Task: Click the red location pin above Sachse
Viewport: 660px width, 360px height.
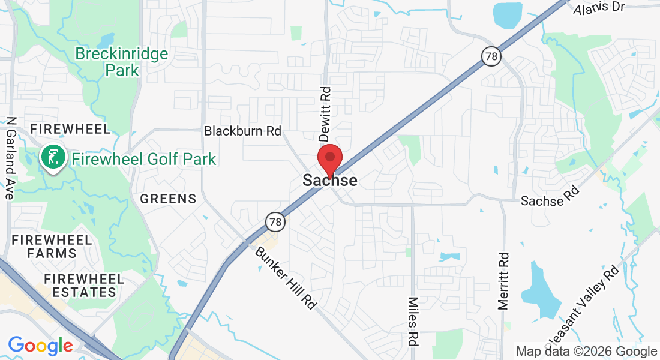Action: tap(329, 159)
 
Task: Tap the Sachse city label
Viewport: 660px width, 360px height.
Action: tap(330, 181)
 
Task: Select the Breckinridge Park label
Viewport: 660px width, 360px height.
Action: tap(122, 62)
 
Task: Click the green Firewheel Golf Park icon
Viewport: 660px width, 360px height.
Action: tap(53, 158)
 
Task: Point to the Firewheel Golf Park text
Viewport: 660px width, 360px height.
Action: tap(144, 159)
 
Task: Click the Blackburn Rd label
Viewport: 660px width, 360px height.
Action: tap(242, 131)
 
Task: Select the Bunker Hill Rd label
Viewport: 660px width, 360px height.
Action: tap(286, 277)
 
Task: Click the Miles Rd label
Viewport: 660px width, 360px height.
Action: tap(413, 322)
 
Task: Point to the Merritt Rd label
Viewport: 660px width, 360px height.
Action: tap(503, 281)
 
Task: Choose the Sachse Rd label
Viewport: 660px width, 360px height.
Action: tap(550, 196)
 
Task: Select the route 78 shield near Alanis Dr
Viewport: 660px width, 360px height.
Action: tap(491, 56)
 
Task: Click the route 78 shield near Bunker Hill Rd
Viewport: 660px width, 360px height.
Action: tap(275, 222)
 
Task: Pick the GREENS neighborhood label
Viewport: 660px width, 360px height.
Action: tap(168, 199)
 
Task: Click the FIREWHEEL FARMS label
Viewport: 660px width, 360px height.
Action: tap(52, 247)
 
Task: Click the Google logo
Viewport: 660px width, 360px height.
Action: tap(40, 346)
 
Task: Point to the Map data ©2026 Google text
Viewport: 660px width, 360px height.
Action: tap(587, 352)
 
